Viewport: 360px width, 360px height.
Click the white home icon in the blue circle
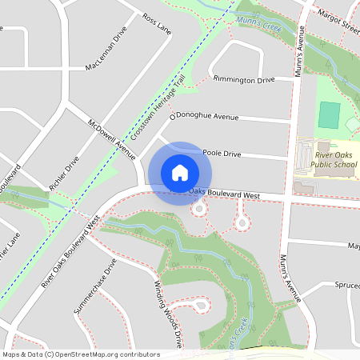click(180, 173)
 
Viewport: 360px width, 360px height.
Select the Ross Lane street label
click(157, 24)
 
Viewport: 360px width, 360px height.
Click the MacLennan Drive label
click(106, 50)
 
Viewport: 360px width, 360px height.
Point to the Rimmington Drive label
click(243, 79)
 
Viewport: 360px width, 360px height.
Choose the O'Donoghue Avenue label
click(203, 117)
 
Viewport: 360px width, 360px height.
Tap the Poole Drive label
click(222, 151)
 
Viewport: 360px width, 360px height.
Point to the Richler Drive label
click(64, 174)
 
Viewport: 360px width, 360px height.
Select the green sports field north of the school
click(329, 115)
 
